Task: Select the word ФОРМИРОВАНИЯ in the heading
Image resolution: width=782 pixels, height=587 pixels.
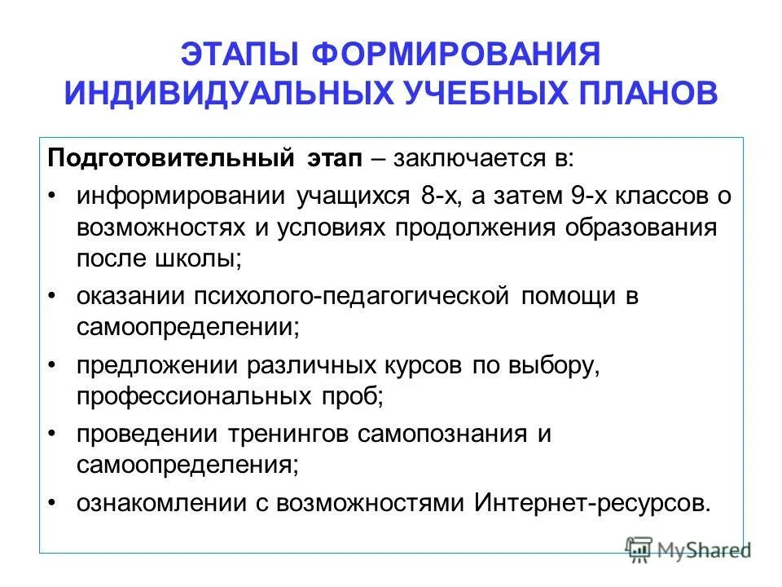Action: tap(456, 56)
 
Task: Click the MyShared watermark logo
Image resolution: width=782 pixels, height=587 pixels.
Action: tap(688, 549)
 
